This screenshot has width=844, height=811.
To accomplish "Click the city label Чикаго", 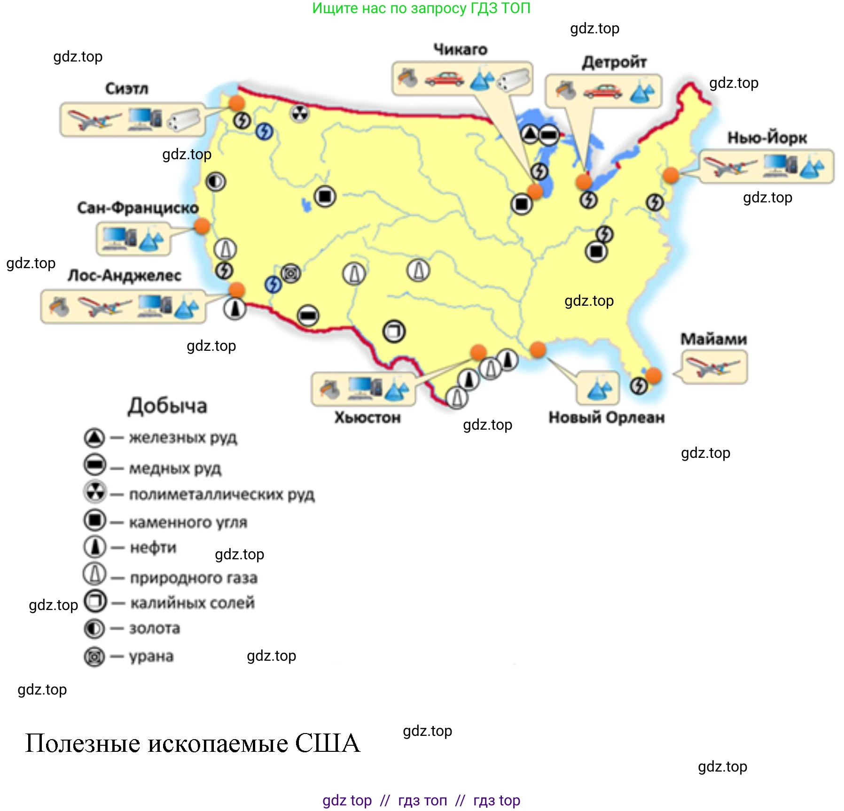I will (460, 49).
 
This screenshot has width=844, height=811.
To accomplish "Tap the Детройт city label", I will (614, 62).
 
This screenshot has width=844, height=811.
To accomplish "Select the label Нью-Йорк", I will (767, 138).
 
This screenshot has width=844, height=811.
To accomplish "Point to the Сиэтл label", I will (127, 88).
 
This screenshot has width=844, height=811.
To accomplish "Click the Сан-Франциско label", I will (138, 208).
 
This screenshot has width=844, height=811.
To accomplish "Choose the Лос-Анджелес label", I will (125, 275).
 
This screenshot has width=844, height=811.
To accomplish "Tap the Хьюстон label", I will (367, 417).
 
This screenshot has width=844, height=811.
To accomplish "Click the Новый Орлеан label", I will (607, 417).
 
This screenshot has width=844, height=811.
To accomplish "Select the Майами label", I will (713, 339).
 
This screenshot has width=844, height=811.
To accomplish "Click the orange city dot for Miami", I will (653, 375).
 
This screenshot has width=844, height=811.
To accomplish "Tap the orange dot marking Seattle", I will (236, 103).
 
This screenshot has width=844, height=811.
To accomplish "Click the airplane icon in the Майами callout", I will (712, 366).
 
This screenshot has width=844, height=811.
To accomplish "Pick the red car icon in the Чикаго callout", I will (444, 79).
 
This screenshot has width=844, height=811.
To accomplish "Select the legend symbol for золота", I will (94, 628).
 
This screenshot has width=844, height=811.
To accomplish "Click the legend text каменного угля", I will (188, 522).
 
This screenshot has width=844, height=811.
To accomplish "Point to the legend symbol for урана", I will (94, 656).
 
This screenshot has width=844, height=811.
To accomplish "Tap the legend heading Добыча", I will (167, 406).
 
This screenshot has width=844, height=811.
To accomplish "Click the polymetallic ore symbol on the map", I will (299, 113).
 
